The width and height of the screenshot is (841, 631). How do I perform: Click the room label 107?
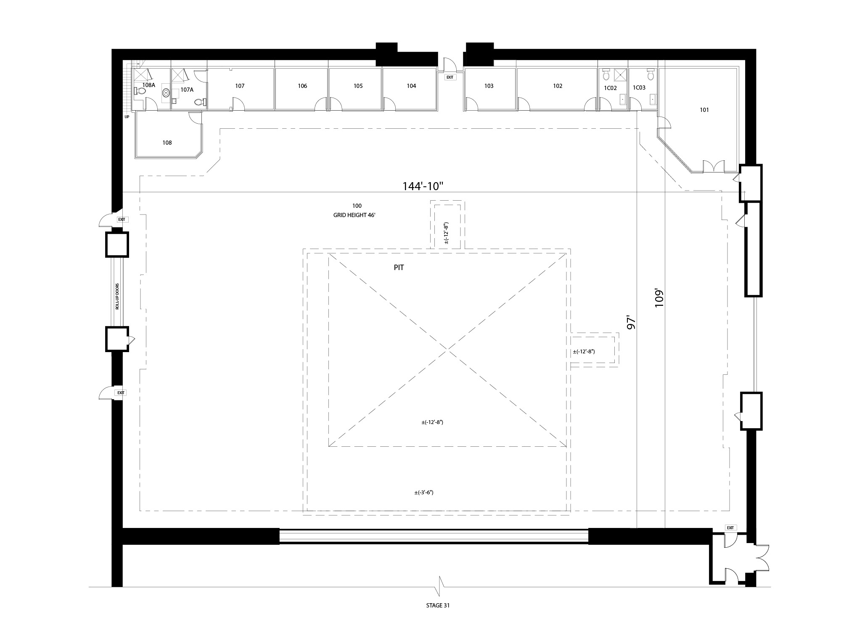click(x=240, y=86)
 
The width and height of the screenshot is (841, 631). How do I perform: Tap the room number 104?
click(x=411, y=86)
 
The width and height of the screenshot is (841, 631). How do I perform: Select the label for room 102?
click(x=558, y=86)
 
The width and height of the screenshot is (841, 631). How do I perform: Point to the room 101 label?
click(x=704, y=110)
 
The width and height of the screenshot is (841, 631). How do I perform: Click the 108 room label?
click(x=167, y=143)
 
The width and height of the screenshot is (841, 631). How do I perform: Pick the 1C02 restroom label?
click(x=610, y=88)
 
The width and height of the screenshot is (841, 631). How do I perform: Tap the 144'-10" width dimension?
click(x=423, y=186)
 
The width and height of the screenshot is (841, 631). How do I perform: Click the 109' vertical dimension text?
click(x=659, y=298)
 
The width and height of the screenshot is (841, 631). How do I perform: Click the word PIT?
click(x=399, y=268)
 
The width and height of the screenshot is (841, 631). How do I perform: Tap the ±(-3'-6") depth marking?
click(x=424, y=492)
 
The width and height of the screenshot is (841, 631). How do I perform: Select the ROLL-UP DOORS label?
click(x=118, y=297)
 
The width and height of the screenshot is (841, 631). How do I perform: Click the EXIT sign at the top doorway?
click(x=450, y=77)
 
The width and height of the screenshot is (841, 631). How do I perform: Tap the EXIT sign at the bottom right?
click(x=730, y=528)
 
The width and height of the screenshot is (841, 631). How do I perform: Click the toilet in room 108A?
click(x=139, y=90)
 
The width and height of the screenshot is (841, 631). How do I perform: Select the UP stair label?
click(x=127, y=117)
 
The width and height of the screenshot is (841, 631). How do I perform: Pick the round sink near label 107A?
click(x=166, y=93)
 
